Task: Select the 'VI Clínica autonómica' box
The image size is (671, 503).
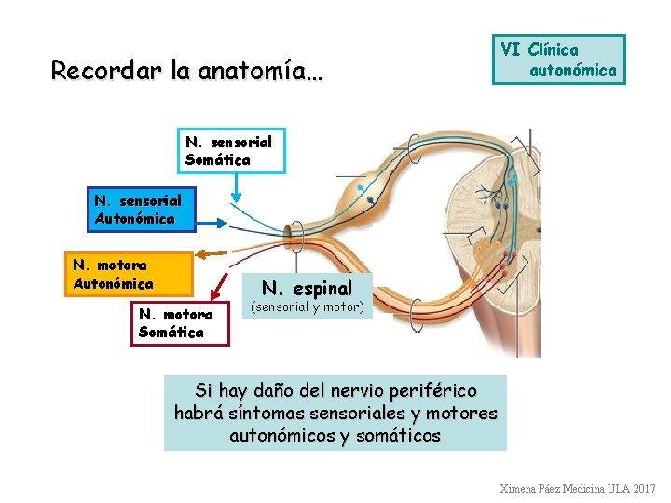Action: pos(559,60)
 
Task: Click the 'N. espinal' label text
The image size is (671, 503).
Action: pos(307,288)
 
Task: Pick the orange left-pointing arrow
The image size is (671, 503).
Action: pos(212,252)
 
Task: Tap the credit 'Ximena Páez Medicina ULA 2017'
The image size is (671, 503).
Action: pos(578,489)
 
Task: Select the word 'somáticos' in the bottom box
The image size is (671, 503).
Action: pos(400,435)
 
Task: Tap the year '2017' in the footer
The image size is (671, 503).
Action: pos(644,489)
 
